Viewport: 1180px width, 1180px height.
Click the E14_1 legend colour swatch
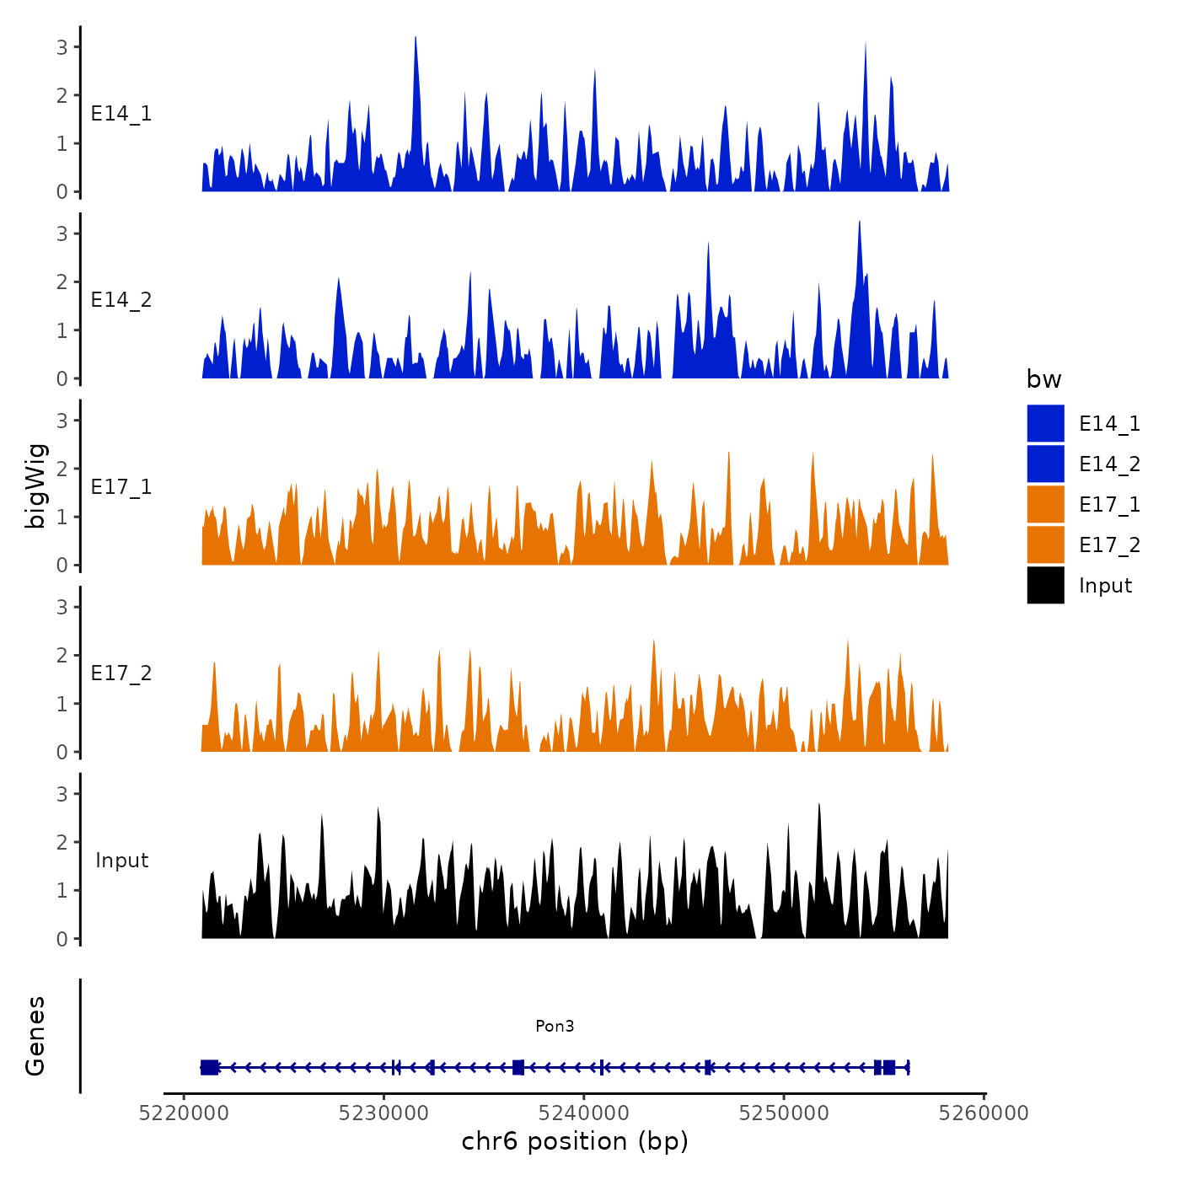(1045, 423)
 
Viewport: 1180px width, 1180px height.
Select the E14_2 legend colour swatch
(1045, 464)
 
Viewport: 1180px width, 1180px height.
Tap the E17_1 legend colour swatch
(1045, 504)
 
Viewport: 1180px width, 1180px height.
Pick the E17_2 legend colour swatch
(1045, 544)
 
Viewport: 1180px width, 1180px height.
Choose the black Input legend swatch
(1045, 585)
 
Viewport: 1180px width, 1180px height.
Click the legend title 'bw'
(1043, 379)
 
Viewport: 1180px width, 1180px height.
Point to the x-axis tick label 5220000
(184, 1113)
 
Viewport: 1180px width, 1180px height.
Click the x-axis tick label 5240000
(584, 1113)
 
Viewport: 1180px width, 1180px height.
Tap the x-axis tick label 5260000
(984, 1113)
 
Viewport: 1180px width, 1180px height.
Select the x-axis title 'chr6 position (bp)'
(575, 1141)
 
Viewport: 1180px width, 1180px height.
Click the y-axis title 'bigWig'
(36, 485)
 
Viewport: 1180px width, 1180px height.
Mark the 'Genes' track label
(35, 1036)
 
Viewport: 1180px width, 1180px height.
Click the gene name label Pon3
(555, 1026)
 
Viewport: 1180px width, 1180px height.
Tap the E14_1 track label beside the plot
(121, 114)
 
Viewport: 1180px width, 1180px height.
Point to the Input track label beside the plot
(121, 861)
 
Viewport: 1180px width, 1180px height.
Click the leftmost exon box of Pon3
(209, 1067)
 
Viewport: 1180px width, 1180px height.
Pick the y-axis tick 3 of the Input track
(62, 794)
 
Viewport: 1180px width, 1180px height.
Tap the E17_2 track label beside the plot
(121, 673)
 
